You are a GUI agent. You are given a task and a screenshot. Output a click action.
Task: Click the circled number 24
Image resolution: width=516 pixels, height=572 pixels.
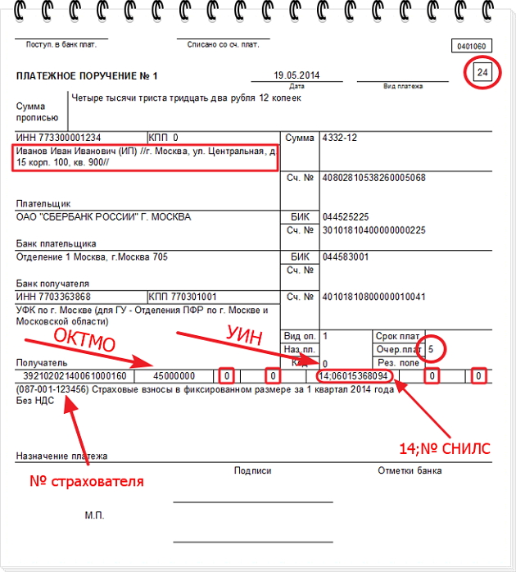pos(483,74)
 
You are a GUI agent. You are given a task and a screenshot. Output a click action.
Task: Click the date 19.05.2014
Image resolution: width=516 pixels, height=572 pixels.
pos(296,75)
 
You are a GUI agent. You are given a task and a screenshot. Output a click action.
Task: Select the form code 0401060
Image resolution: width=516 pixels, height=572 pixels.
pos(469,46)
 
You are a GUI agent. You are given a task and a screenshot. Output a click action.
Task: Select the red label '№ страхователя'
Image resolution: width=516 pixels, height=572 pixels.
pos(87,481)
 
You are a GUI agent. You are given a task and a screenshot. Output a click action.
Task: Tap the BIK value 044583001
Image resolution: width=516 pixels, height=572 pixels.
pos(346,256)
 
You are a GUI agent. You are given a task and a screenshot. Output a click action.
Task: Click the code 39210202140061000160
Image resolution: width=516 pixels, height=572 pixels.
pos(74,376)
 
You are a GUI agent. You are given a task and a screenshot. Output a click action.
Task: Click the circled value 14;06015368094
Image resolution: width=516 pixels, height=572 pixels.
pos(355,376)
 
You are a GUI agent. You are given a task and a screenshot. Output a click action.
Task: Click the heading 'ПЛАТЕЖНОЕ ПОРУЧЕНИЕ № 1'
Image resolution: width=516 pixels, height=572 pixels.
pos(87,76)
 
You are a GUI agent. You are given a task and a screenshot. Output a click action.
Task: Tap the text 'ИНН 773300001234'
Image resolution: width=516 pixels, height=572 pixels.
pos(59,138)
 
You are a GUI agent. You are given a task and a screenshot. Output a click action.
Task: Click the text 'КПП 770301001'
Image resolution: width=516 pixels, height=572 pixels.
pos(183,296)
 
